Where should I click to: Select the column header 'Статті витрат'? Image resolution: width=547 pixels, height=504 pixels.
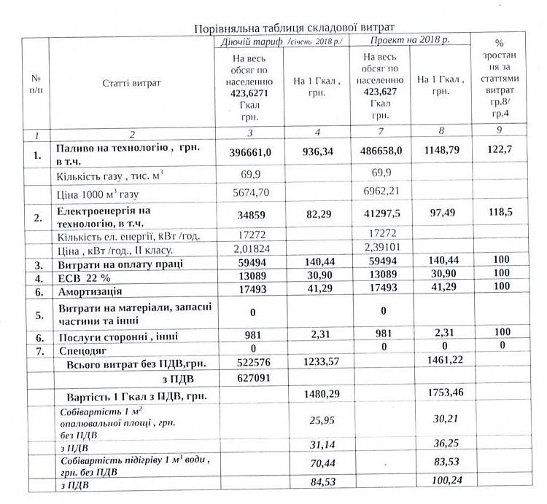(132, 83)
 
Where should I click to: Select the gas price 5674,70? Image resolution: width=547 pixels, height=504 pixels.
(249, 195)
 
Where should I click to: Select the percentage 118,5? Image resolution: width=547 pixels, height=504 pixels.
(498, 217)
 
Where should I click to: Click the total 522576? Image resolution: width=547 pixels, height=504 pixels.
(249, 363)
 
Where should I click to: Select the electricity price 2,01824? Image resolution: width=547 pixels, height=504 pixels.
(249, 251)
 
